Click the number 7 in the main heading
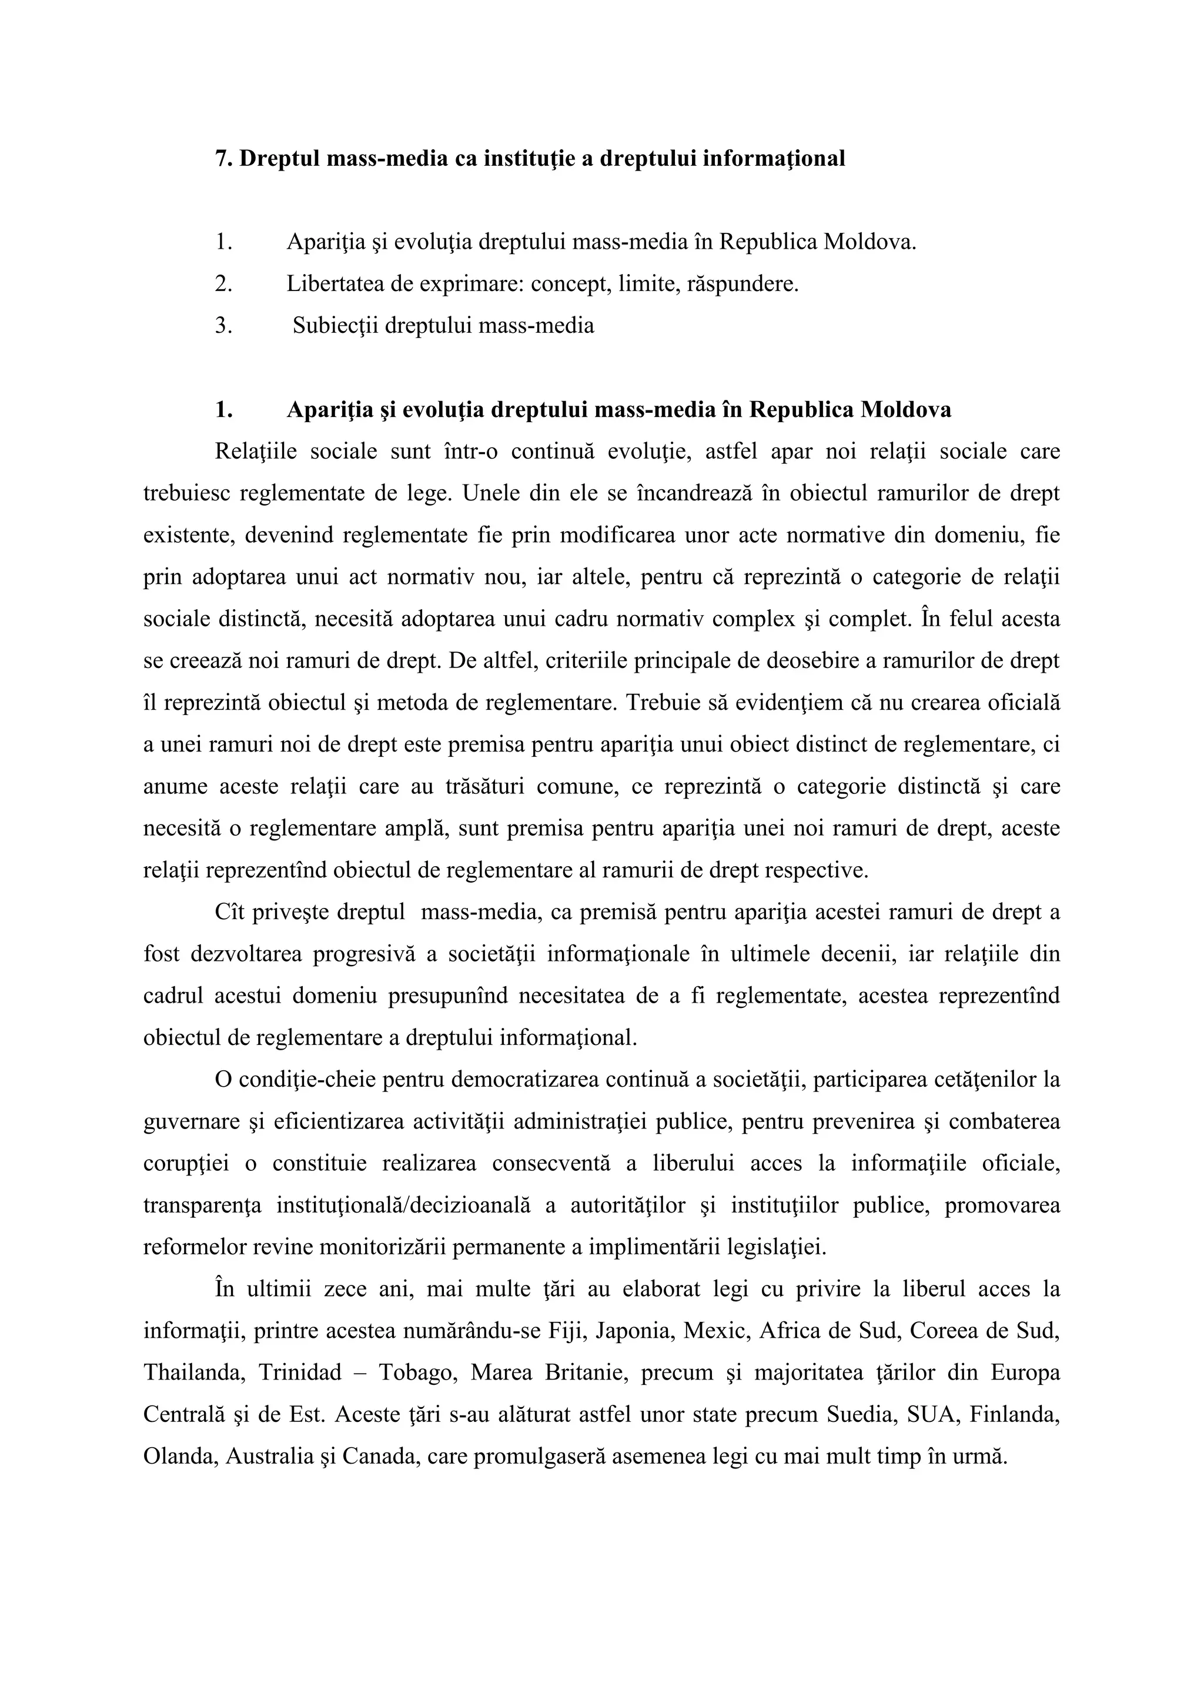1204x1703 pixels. [x=221, y=159]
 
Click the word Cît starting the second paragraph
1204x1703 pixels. [x=229, y=911]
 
